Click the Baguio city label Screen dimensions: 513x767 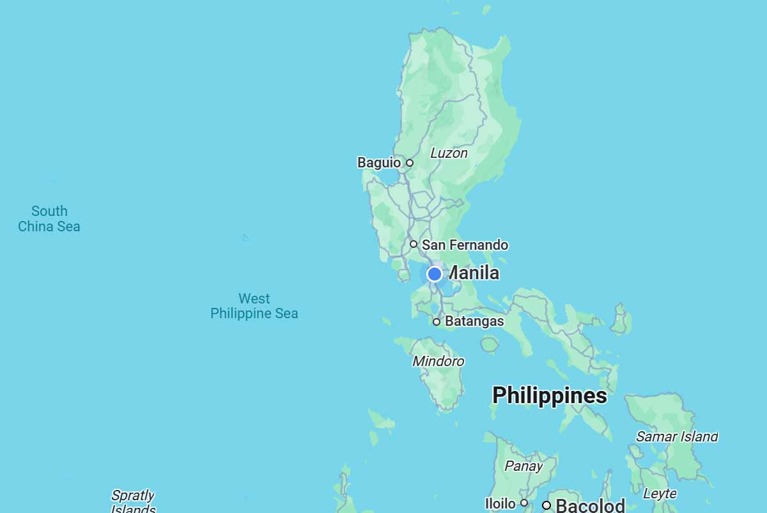(x=378, y=163)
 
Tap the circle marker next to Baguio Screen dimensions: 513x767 (x=410, y=163)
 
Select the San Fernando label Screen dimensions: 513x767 (x=465, y=245)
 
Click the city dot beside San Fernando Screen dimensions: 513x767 (x=414, y=244)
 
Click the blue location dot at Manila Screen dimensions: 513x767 (x=435, y=274)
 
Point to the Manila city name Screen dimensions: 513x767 (x=474, y=273)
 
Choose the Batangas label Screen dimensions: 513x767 (x=474, y=321)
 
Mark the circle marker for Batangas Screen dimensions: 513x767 (x=437, y=322)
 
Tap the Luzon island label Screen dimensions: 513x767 (x=449, y=153)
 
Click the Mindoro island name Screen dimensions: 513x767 (x=438, y=362)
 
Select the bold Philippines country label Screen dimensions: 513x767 (x=550, y=395)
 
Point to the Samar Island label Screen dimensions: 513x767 (x=677, y=437)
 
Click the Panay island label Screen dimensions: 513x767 (x=523, y=466)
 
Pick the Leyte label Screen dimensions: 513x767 (x=660, y=494)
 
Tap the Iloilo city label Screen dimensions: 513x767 (x=500, y=503)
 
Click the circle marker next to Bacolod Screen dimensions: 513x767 (x=546, y=505)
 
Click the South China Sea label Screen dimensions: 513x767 (x=49, y=218)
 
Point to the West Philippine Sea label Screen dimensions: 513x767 (x=254, y=306)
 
